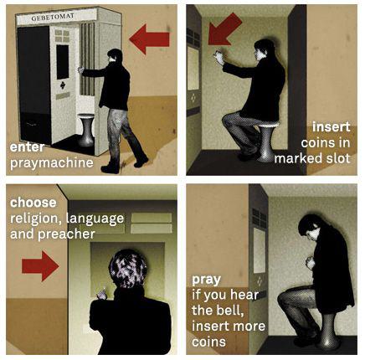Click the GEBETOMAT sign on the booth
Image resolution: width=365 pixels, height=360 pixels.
[53, 17]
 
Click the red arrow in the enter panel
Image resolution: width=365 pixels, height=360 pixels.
[149, 39]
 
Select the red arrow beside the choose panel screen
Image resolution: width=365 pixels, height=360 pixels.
[40, 265]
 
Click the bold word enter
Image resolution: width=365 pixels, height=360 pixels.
[27, 147]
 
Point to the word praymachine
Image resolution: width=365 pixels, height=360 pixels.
[52, 163]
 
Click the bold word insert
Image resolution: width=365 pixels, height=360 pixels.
[331, 127]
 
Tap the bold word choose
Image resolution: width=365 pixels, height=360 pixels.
[33, 203]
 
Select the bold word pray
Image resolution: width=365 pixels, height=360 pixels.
[206, 280]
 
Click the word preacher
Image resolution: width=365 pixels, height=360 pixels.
[66, 234]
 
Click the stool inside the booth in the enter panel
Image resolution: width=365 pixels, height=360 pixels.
[85, 130]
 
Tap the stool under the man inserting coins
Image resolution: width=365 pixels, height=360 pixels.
[267, 142]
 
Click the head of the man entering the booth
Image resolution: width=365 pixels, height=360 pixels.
[115, 56]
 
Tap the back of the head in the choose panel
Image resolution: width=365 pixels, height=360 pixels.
[128, 268]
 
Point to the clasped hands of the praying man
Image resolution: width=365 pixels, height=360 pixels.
[310, 263]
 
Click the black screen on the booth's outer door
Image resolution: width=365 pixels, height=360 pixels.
[63, 62]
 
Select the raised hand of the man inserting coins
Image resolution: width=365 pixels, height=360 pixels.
[218, 57]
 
